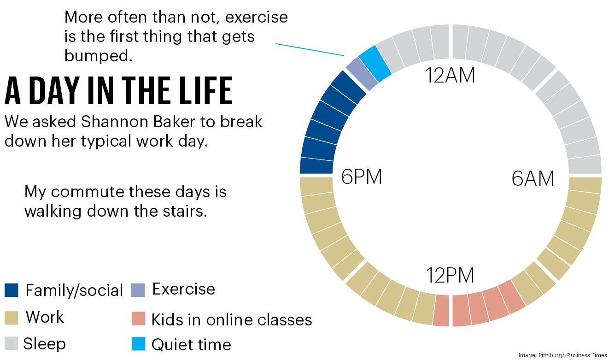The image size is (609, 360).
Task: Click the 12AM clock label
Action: coord(450,76)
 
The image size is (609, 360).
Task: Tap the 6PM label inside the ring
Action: coord(362,177)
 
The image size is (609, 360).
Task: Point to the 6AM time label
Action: coord(533,179)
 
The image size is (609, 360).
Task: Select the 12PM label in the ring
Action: coord(450,276)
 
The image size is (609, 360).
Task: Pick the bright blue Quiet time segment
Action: coord(375,59)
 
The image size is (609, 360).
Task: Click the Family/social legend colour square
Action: coord(12,290)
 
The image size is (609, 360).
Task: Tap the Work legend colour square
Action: coord(12,318)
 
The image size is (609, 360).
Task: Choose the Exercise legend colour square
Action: coord(138,290)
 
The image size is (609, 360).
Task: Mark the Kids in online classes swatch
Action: coord(138,319)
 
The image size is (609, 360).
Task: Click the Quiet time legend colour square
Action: coord(138,344)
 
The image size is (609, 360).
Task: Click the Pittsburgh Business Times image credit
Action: coord(562,355)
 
